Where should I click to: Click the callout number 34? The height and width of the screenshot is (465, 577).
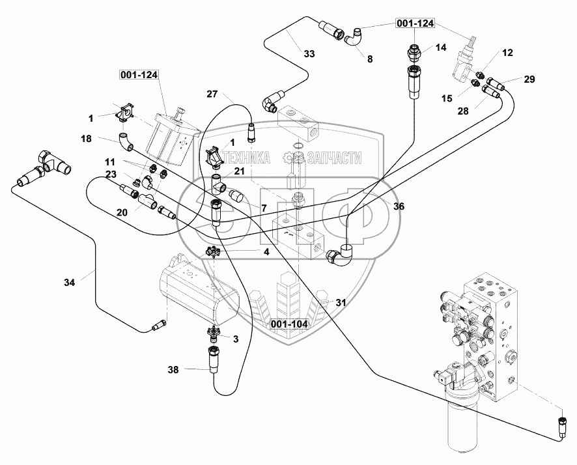coord(69,283)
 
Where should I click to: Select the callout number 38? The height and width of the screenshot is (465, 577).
coord(173,369)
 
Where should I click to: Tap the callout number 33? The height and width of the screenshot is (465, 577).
coord(309,53)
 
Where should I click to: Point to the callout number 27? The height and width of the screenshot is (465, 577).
coord(212,94)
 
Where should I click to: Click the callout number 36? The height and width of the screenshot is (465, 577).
coord(399,206)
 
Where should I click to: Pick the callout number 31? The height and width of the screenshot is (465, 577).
coord(341,302)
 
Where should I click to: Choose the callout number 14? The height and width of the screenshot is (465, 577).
coord(441,47)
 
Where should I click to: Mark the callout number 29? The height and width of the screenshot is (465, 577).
coord(529,79)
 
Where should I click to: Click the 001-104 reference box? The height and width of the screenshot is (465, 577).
coord(289,324)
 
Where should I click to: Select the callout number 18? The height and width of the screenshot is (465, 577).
coord(87,138)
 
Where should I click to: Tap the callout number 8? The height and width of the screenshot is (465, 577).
coord(370,59)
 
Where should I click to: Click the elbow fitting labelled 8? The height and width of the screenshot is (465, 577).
coord(354,38)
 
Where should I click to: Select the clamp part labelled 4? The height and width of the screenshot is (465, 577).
coord(213,252)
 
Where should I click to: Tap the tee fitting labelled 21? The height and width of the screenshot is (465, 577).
coord(219,184)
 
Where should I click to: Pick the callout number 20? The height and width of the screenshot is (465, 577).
coord(122,212)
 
